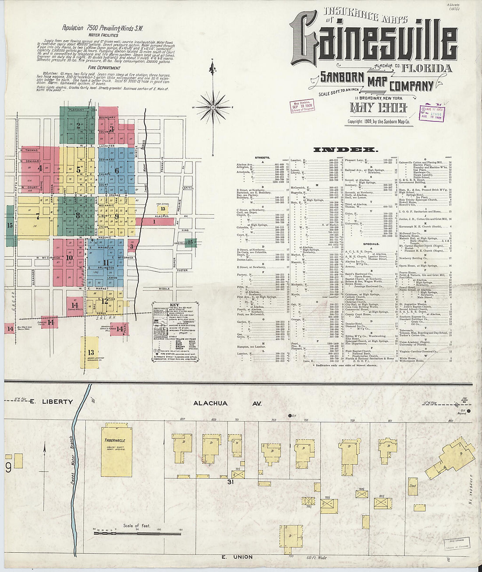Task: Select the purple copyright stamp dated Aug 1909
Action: tap(432, 113)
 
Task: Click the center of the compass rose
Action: tap(213, 107)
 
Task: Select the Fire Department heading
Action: tap(104, 68)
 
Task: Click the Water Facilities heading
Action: tap(103, 35)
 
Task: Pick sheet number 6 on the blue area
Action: tap(117, 171)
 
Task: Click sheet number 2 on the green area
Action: tap(78, 125)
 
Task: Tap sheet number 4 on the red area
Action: tap(40, 167)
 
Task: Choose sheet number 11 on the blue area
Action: tap(106, 263)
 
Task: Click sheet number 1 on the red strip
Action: tap(154, 222)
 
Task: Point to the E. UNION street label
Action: tap(237, 557)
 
